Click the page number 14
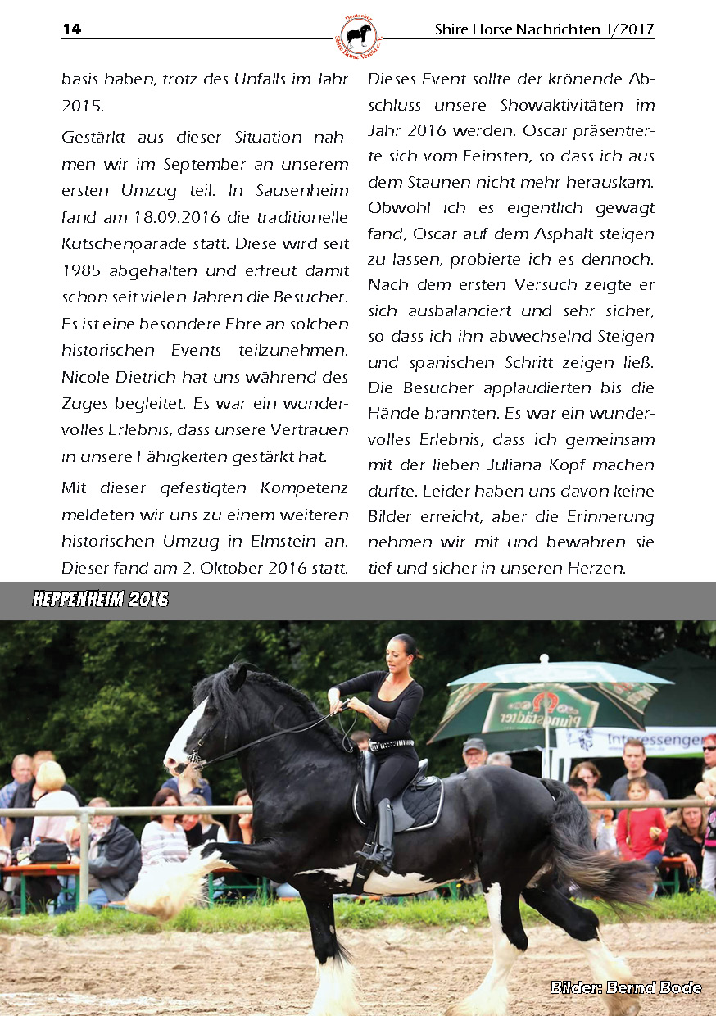[71, 29]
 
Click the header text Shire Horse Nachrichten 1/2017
[544, 29]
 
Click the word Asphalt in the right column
[545, 234]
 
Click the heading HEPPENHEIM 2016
[101, 600]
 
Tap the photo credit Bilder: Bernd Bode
[625, 987]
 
